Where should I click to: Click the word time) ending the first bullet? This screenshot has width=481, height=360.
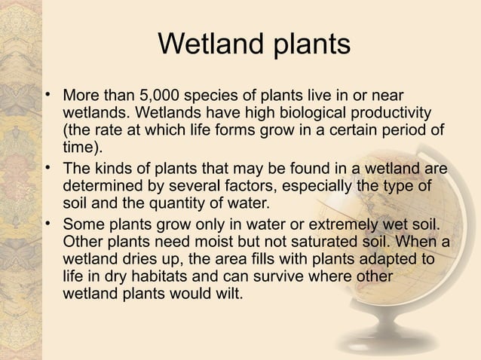[81, 147]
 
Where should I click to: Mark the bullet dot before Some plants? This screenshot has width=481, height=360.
[47, 224]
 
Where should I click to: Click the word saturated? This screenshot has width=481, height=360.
[329, 243]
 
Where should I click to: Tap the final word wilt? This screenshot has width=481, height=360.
[230, 294]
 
